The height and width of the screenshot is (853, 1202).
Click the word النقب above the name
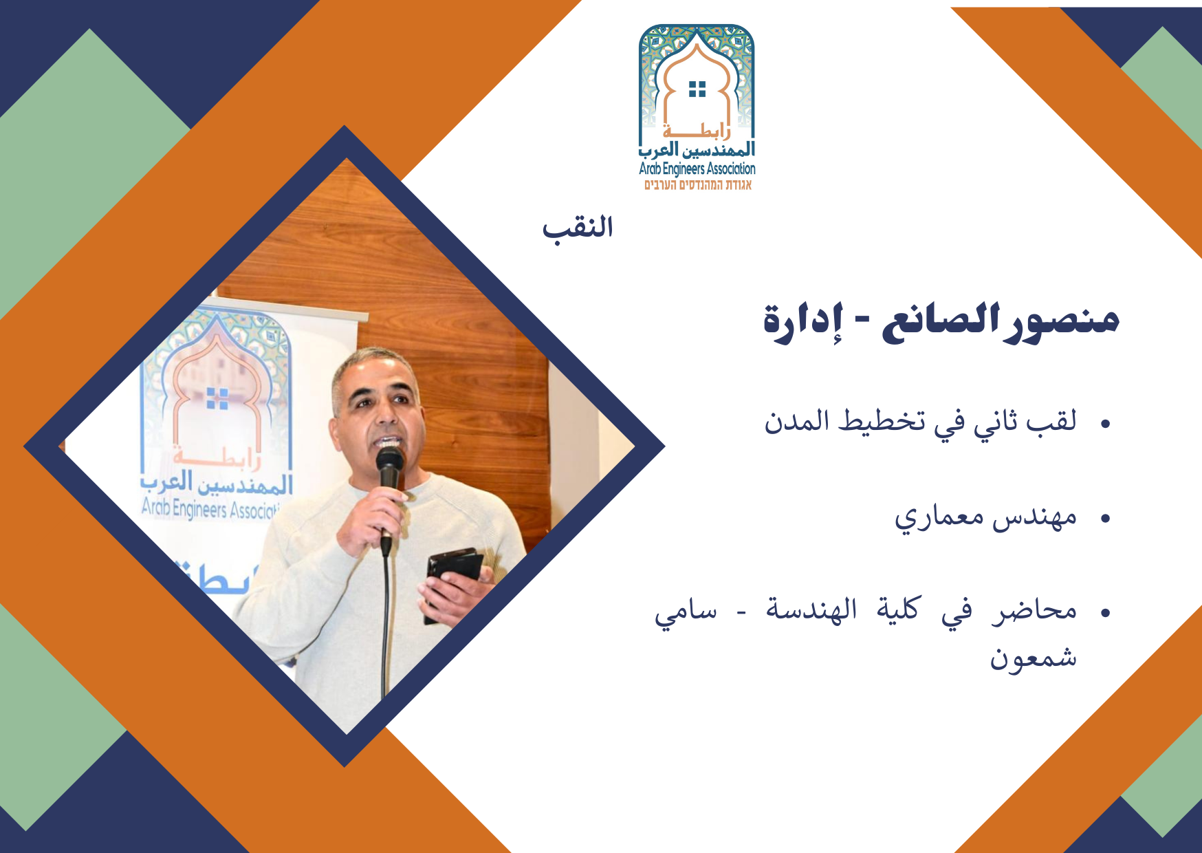tap(578, 228)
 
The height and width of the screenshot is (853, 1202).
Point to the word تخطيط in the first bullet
tap(881, 420)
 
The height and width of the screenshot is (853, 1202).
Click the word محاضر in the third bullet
tap(1034, 609)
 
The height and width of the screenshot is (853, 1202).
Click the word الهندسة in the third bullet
tap(812, 609)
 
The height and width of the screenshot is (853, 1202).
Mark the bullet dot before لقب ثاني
tap(1106, 424)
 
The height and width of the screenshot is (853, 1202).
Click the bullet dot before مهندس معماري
tap(1106, 519)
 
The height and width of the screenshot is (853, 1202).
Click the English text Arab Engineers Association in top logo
tap(697, 169)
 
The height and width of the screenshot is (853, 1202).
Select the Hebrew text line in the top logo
tap(698, 185)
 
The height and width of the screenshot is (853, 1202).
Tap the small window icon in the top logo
tap(697, 89)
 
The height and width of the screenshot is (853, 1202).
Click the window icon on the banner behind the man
tap(217, 398)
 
